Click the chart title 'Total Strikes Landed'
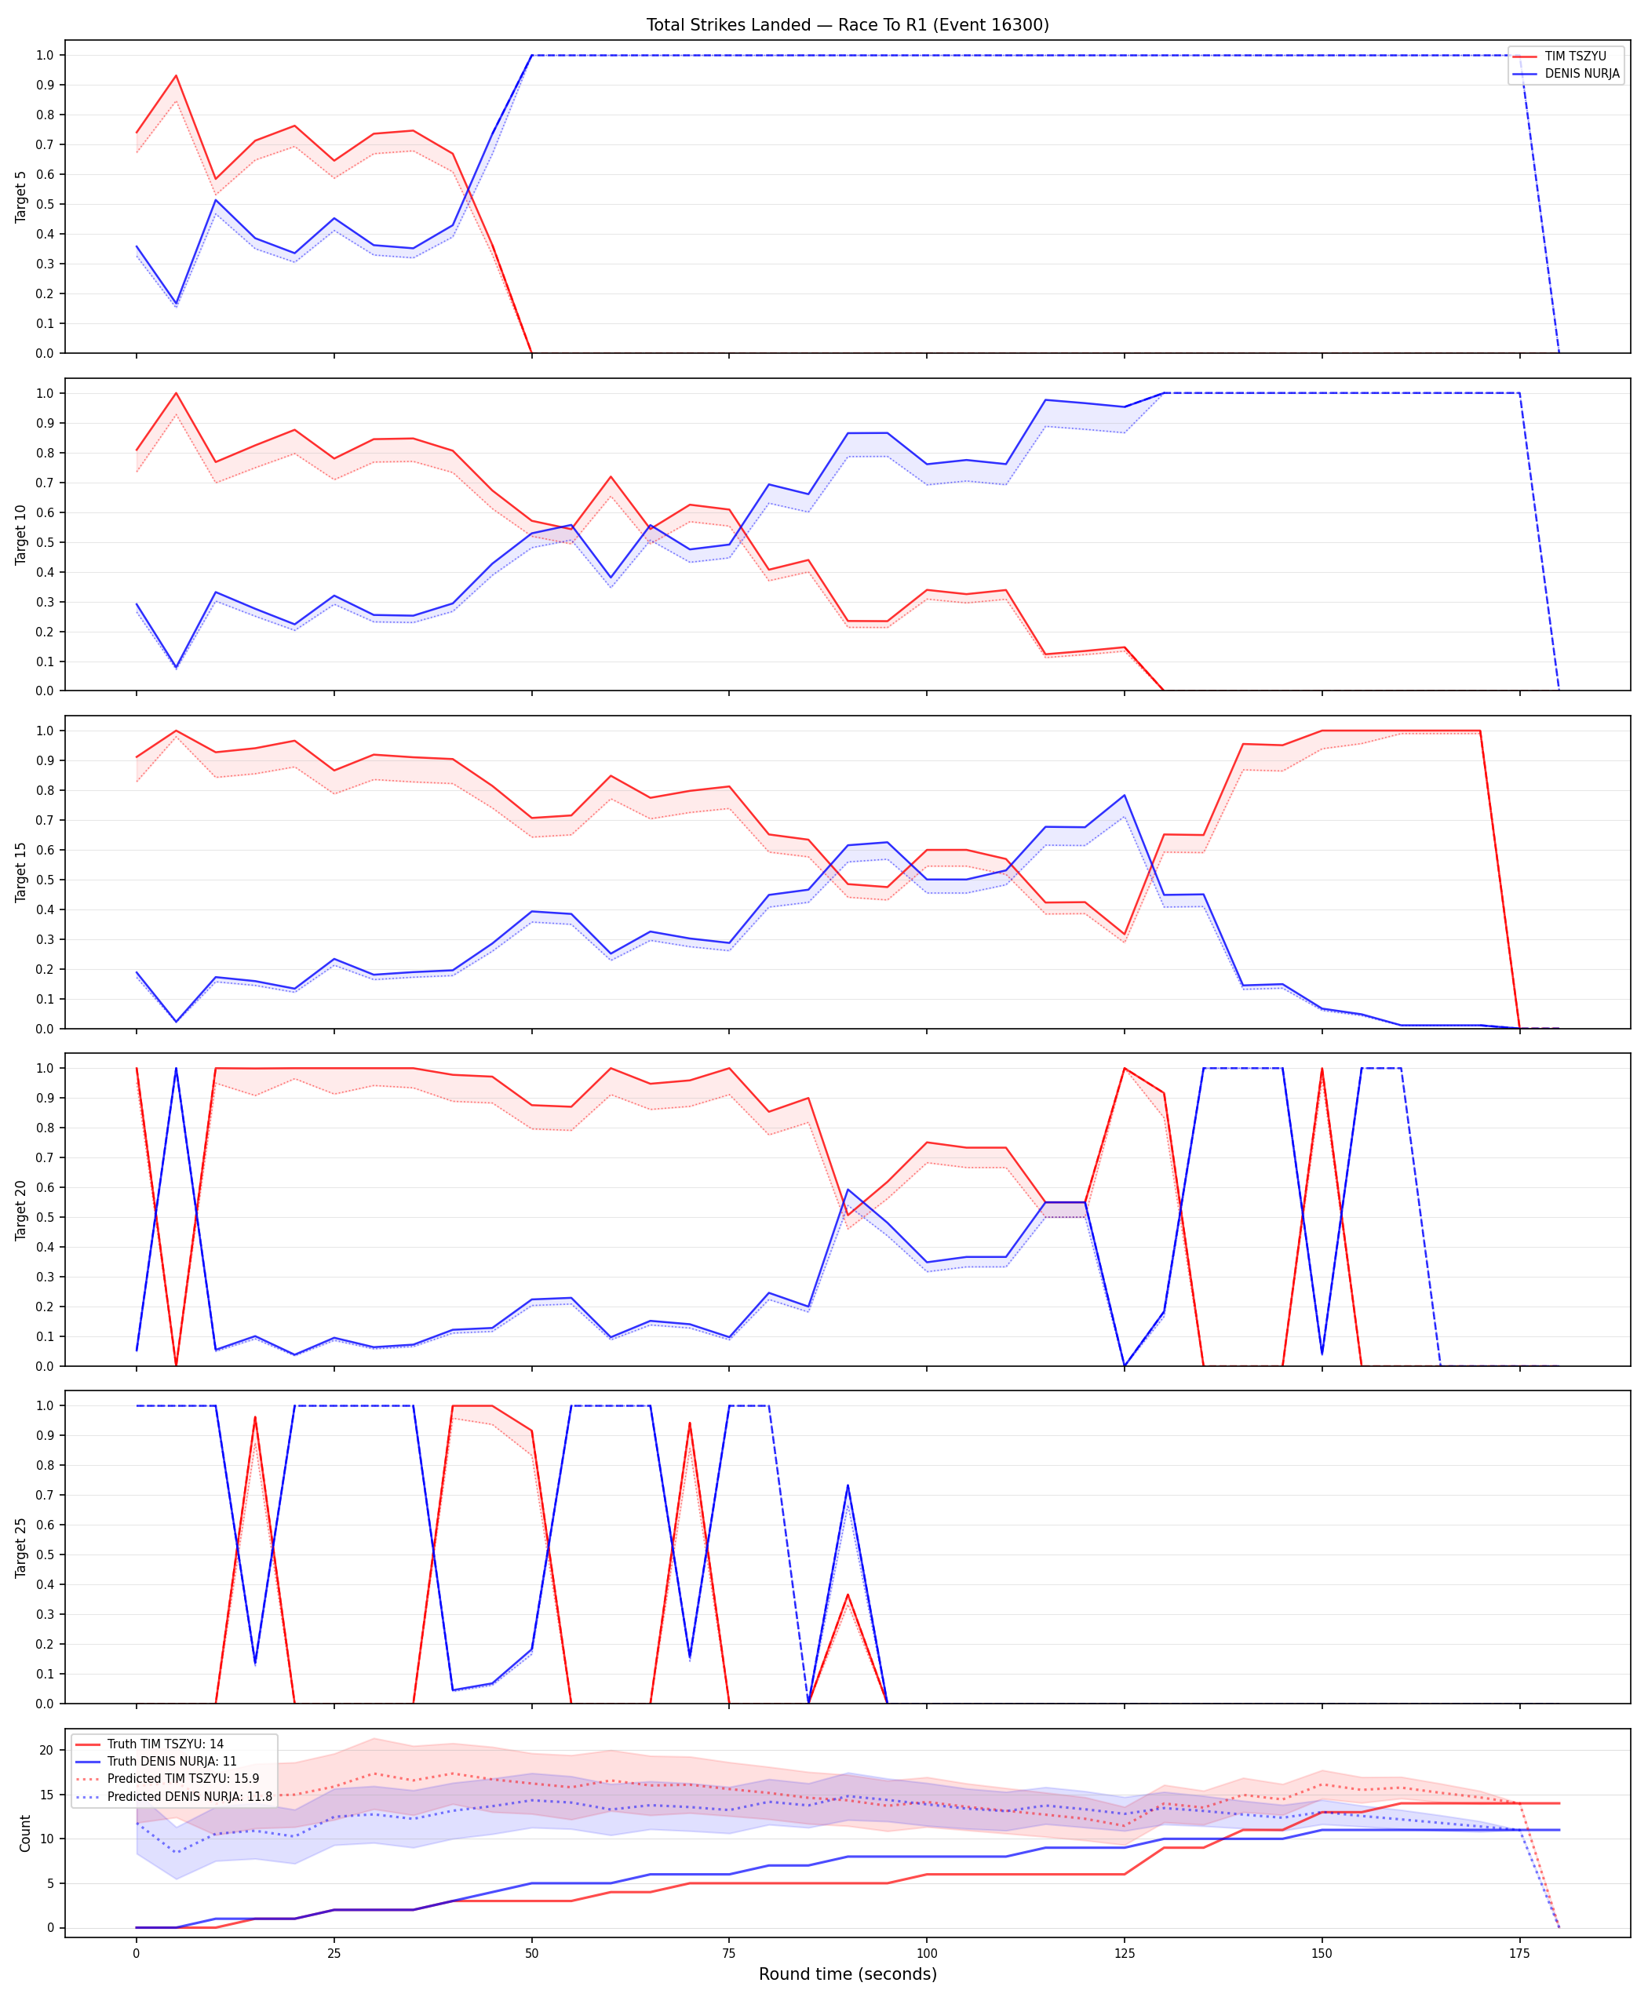click(x=728, y=24)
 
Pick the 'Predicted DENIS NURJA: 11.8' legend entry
click(x=173, y=1796)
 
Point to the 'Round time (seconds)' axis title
click(x=848, y=1974)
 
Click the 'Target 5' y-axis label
click(x=21, y=196)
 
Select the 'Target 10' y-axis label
click(x=21, y=534)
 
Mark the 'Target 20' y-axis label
click(x=21, y=1209)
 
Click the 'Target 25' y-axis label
click(x=21, y=1547)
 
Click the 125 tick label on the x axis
click(x=1124, y=1952)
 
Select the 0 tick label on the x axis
click(x=136, y=1952)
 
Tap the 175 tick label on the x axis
click(x=1520, y=1952)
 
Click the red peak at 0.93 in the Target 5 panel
click(x=176, y=76)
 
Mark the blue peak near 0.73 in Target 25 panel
click(x=848, y=1485)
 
